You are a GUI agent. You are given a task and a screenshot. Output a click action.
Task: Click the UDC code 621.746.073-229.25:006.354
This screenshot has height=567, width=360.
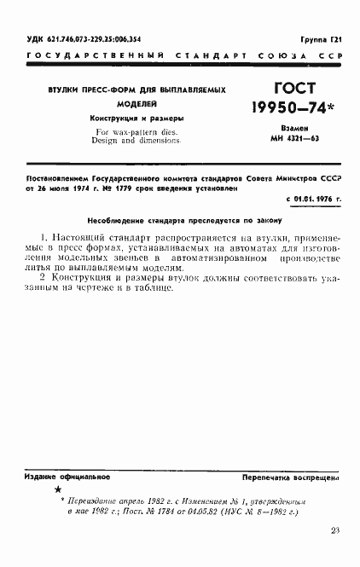(x=76, y=40)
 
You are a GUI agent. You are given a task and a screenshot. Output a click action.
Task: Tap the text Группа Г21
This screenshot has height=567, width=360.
(x=324, y=40)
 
